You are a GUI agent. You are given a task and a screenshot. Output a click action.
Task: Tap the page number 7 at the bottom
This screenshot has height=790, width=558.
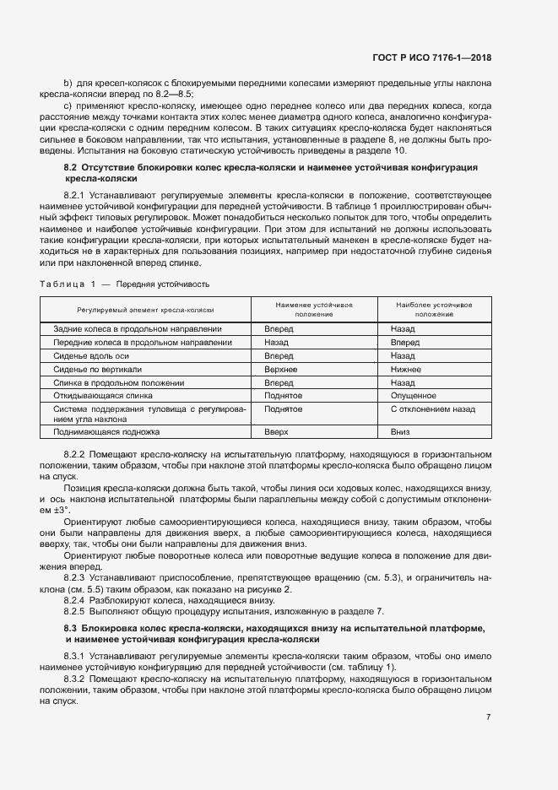tap(489, 717)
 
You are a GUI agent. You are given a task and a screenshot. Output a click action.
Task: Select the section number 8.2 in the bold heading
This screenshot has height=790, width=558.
tap(70, 169)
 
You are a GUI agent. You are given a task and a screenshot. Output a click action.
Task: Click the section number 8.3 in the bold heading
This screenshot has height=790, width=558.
tap(70, 628)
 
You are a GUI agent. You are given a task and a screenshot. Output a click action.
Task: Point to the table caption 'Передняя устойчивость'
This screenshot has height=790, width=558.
tap(162, 284)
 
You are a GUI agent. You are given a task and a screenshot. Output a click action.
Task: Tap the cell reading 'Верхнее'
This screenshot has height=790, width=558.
tap(280, 369)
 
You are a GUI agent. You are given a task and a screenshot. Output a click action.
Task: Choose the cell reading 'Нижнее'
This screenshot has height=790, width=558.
tap(406, 369)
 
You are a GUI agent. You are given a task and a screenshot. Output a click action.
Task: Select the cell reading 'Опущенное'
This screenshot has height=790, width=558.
tap(414, 395)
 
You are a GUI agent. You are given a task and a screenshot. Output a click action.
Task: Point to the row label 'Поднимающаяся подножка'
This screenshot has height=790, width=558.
tap(106, 431)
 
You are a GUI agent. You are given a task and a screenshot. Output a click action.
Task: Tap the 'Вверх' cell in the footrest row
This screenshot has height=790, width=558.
tap(276, 431)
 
